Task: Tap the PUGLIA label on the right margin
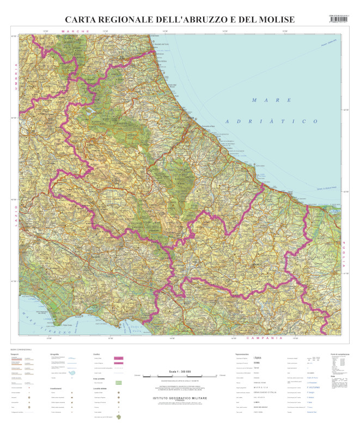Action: (344, 257)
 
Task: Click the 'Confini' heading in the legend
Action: (96, 354)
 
